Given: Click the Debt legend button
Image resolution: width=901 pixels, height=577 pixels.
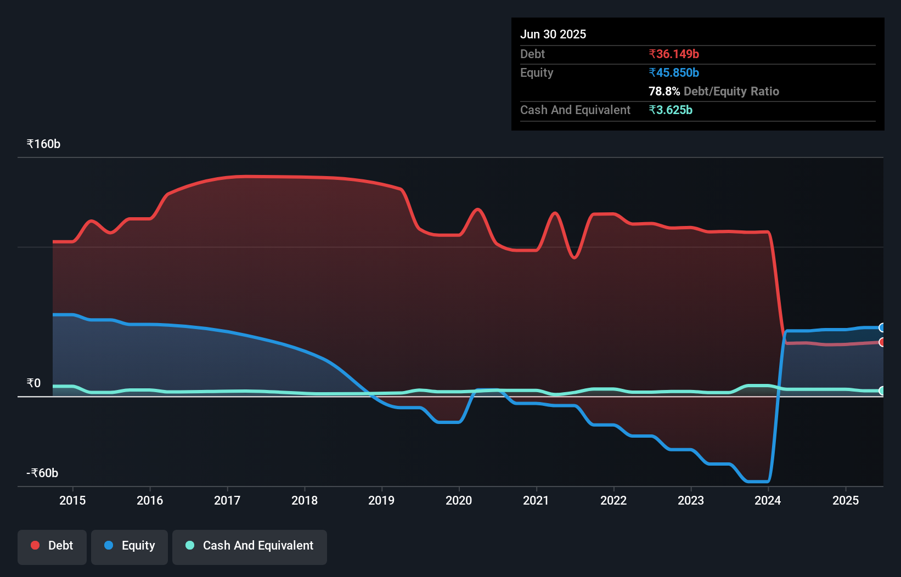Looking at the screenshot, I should click(52, 546).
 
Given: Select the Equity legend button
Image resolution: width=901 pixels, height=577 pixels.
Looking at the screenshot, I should click(129, 546).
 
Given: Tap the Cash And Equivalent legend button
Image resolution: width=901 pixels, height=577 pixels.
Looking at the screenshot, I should click(250, 546).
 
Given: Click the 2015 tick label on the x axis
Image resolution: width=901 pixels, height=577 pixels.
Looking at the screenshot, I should click(72, 500).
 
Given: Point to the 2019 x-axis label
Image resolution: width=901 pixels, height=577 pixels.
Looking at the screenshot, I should click(381, 500).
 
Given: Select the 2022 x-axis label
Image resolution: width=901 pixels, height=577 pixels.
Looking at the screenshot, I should click(613, 500).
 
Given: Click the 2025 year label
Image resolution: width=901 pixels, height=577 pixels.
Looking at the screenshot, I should click(845, 500).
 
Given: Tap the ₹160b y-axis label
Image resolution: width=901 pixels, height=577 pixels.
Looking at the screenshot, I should click(43, 144).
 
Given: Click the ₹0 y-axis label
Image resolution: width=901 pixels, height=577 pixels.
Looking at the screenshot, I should click(33, 383).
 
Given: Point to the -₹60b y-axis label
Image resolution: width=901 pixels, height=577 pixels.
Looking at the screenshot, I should click(42, 473).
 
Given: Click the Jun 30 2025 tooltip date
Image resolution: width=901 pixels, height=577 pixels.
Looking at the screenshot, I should click(553, 34).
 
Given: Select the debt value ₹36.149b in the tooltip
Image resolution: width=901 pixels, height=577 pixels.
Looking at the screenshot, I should click(674, 54).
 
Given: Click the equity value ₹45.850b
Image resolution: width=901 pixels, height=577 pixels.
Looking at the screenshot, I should click(674, 72).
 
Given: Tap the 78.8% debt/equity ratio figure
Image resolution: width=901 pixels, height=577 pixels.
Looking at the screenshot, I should click(664, 91).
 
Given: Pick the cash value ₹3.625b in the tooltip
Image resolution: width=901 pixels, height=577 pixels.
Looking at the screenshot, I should click(671, 110).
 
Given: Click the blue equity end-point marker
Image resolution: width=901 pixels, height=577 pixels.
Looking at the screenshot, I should click(882, 327).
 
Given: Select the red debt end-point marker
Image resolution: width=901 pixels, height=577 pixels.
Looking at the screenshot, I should click(882, 342).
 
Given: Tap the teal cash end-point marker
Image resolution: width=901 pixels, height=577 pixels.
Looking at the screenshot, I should click(882, 391).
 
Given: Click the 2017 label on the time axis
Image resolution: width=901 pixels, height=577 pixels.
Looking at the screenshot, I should click(227, 500).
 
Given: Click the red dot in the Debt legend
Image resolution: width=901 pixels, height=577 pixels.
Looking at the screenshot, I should click(35, 545).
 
